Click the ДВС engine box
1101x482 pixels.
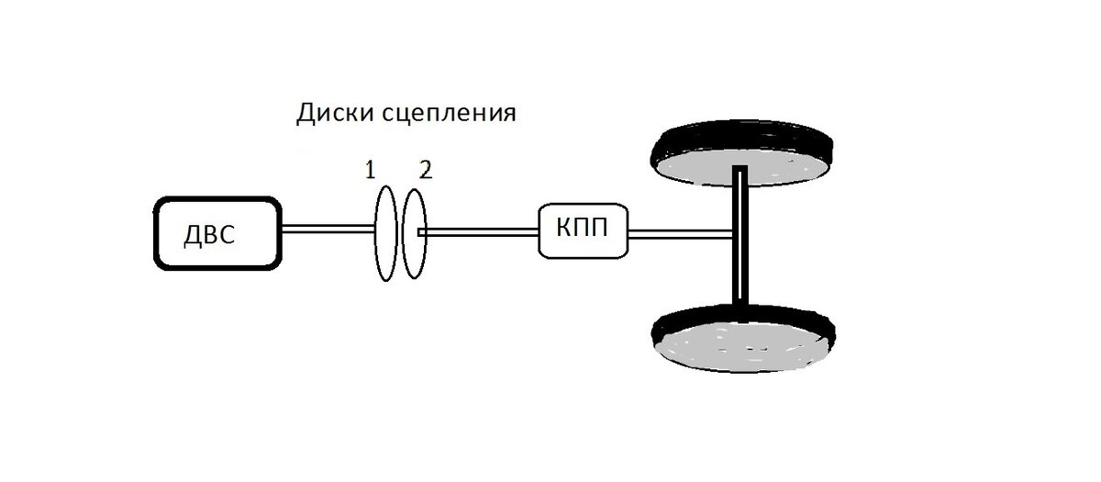217,232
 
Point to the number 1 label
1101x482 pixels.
370,169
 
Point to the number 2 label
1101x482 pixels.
424,169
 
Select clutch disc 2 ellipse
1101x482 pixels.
415,266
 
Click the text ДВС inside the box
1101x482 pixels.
210,235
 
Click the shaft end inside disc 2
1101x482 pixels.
420,232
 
